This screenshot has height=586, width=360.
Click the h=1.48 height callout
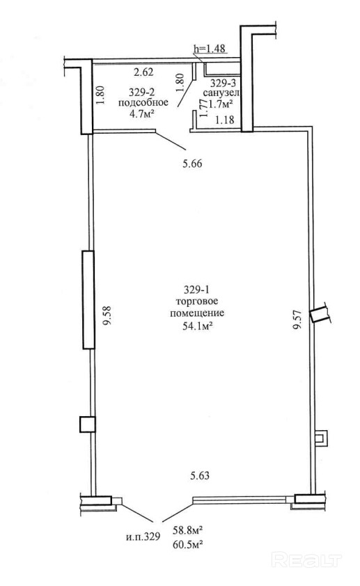click(x=210, y=48)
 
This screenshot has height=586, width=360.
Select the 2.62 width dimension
click(x=143, y=72)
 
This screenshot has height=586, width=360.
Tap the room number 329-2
click(x=143, y=92)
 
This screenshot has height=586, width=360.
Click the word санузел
click(x=221, y=93)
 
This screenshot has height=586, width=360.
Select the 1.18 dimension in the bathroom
click(x=224, y=120)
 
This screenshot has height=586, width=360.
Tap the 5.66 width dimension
click(x=192, y=164)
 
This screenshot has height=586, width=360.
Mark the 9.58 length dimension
click(x=109, y=316)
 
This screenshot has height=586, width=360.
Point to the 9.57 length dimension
click(x=297, y=319)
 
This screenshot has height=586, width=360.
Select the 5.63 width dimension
click(x=200, y=476)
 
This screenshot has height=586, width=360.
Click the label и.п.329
click(x=143, y=537)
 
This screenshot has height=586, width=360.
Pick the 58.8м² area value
click(x=188, y=530)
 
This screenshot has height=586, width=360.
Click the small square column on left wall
click(x=88, y=425)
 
